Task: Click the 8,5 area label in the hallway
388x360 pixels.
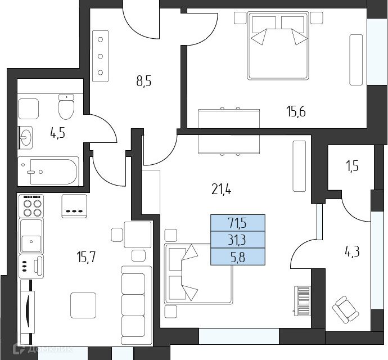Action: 144,81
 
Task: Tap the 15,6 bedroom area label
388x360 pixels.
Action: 296,111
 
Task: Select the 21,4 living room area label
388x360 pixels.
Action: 222,190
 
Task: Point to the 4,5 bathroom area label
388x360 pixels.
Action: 58,133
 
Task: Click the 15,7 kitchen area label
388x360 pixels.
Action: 86,256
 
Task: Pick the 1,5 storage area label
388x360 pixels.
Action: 353,166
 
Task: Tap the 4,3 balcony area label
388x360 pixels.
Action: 352,252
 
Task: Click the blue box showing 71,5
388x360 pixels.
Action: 238,223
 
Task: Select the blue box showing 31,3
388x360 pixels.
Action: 238,240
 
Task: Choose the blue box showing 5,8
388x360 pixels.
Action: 238,256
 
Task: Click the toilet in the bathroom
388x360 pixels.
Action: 66,106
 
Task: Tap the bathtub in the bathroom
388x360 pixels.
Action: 48,171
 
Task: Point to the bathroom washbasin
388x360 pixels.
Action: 26,137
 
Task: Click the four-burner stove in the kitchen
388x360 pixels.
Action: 31,206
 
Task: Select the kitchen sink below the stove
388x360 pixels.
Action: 31,236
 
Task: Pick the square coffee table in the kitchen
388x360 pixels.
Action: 83,305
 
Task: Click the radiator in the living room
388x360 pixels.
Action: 303,301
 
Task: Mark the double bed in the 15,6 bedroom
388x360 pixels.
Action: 278,46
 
